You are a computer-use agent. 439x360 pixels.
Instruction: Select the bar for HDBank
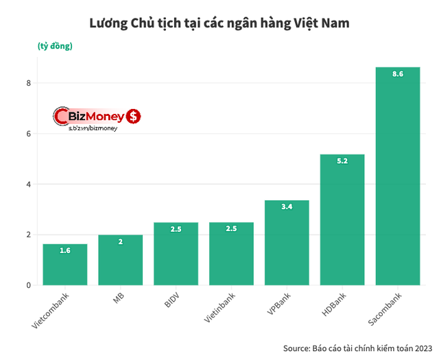tap(342, 219)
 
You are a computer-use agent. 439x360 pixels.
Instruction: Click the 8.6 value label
tap(397, 73)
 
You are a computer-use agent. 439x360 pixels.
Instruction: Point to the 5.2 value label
tap(342, 161)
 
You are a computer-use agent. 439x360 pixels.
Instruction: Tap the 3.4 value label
tap(287, 206)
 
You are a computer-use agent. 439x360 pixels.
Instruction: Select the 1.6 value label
tap(64, 250)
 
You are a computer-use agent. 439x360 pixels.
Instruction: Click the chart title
tap(219, 23)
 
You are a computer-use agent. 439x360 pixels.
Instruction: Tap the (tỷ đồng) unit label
tap(55, 46)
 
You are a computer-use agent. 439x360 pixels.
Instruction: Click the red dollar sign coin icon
tap(134, 117)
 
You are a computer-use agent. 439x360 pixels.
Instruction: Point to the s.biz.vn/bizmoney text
tap(93, 128)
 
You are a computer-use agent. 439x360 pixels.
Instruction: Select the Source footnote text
tap(357, 346)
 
